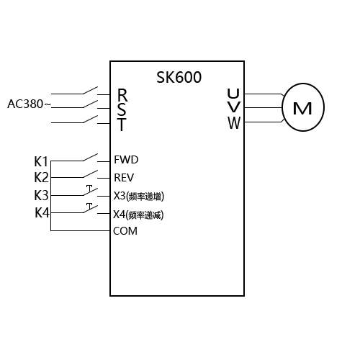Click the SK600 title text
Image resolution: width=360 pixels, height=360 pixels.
click(179, 77)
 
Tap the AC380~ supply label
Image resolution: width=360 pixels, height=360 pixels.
click(29, 104)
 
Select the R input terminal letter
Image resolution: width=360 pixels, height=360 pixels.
click(122, 95)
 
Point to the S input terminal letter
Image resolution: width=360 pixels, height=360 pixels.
click(122, 109)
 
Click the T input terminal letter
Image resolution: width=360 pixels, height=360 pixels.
click(122, 125)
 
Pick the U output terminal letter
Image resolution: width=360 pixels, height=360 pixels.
click(233, 94)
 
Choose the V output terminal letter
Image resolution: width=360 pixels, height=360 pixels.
click(233, 109)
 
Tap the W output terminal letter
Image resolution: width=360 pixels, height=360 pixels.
click(233, 123)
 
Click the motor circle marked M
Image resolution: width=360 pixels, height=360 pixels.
click(302, 109)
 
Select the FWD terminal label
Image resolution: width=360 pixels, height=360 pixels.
click(126, 160)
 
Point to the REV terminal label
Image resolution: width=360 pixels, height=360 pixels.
click(125, 177)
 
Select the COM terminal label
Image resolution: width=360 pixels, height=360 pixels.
click(125, 231)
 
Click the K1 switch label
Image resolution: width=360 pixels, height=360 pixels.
click(41, 160)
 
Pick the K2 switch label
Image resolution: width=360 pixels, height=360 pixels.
click(41, 177)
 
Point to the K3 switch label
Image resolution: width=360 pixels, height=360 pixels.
click(42, 195)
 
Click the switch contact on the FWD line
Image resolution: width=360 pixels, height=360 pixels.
click(89, 157)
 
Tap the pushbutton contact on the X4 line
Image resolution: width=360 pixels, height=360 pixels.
click(89, 210)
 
